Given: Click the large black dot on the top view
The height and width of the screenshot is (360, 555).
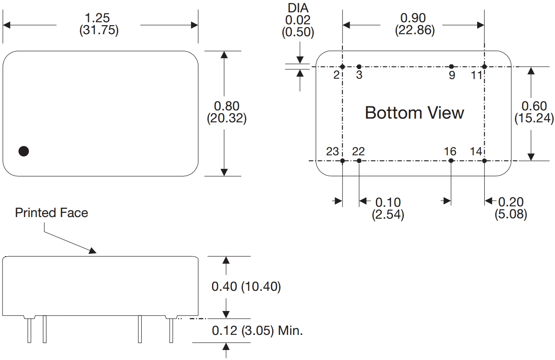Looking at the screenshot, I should point(24,151).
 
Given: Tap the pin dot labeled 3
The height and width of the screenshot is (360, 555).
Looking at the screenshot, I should point(359,67).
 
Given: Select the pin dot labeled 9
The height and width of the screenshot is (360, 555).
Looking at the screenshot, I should point(452,67).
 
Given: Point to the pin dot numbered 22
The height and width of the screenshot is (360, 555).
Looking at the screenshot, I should point(359,161).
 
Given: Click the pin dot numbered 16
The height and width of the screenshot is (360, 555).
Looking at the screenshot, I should point(451,161).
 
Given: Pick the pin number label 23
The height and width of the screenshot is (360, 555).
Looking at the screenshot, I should point(332,151).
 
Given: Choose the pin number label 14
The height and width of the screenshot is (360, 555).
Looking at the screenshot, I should point(476,151).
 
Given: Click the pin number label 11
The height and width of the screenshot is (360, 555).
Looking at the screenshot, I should point(476,75).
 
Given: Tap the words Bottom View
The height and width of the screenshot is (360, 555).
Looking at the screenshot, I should point(414,113).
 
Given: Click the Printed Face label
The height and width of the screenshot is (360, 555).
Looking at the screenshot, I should point(51,213).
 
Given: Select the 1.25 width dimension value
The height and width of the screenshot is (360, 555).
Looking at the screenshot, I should point(98,18).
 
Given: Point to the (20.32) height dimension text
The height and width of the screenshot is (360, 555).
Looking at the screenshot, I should point(226,119).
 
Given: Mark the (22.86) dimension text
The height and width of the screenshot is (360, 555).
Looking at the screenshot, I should point(415,30).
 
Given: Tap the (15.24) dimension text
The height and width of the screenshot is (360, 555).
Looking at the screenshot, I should point(534,118).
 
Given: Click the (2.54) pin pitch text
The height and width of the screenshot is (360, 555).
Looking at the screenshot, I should point(388,214).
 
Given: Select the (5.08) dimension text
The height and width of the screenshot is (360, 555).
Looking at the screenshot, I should point(511,214).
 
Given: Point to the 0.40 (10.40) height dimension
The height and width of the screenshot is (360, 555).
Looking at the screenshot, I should point(246,286).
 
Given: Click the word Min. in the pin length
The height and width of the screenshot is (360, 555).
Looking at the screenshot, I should point(291,330).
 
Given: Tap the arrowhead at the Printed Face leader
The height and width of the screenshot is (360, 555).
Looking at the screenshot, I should point(93,251).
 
